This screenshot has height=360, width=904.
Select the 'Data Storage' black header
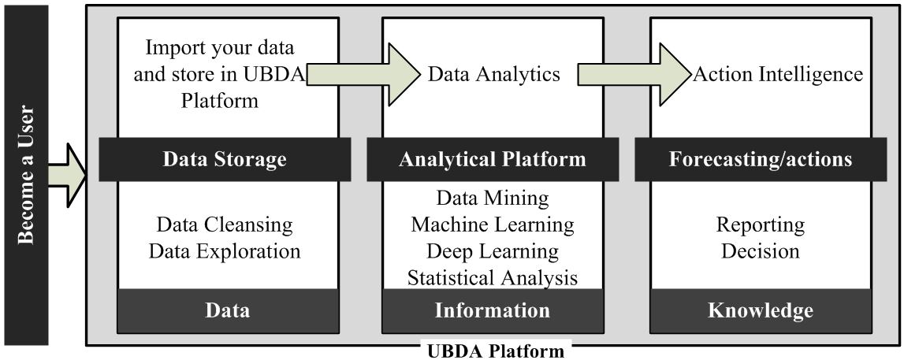pos(225,159)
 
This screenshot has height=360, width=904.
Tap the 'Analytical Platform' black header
pos(493,159)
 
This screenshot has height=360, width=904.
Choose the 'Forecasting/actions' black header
pos(761,159)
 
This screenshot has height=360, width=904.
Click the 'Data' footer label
pos(228,310)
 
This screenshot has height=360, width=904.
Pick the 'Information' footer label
pos(493,310)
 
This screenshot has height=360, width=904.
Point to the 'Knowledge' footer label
pos(761,310)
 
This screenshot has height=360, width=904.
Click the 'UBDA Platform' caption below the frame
pos(496,351)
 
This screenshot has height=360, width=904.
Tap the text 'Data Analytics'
pos(494,74)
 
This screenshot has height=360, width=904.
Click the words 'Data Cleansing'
pos(225,225)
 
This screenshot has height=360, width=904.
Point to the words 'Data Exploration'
pos(225,251)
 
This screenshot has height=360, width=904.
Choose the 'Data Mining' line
pos(493,198)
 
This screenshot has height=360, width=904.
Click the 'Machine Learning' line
pos(493,225)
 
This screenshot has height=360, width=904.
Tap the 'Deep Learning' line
pos(493,251)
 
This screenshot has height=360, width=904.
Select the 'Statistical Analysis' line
pos(493,278)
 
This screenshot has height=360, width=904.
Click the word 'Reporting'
pos(761,225)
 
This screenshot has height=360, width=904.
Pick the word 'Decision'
pos(761,251)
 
